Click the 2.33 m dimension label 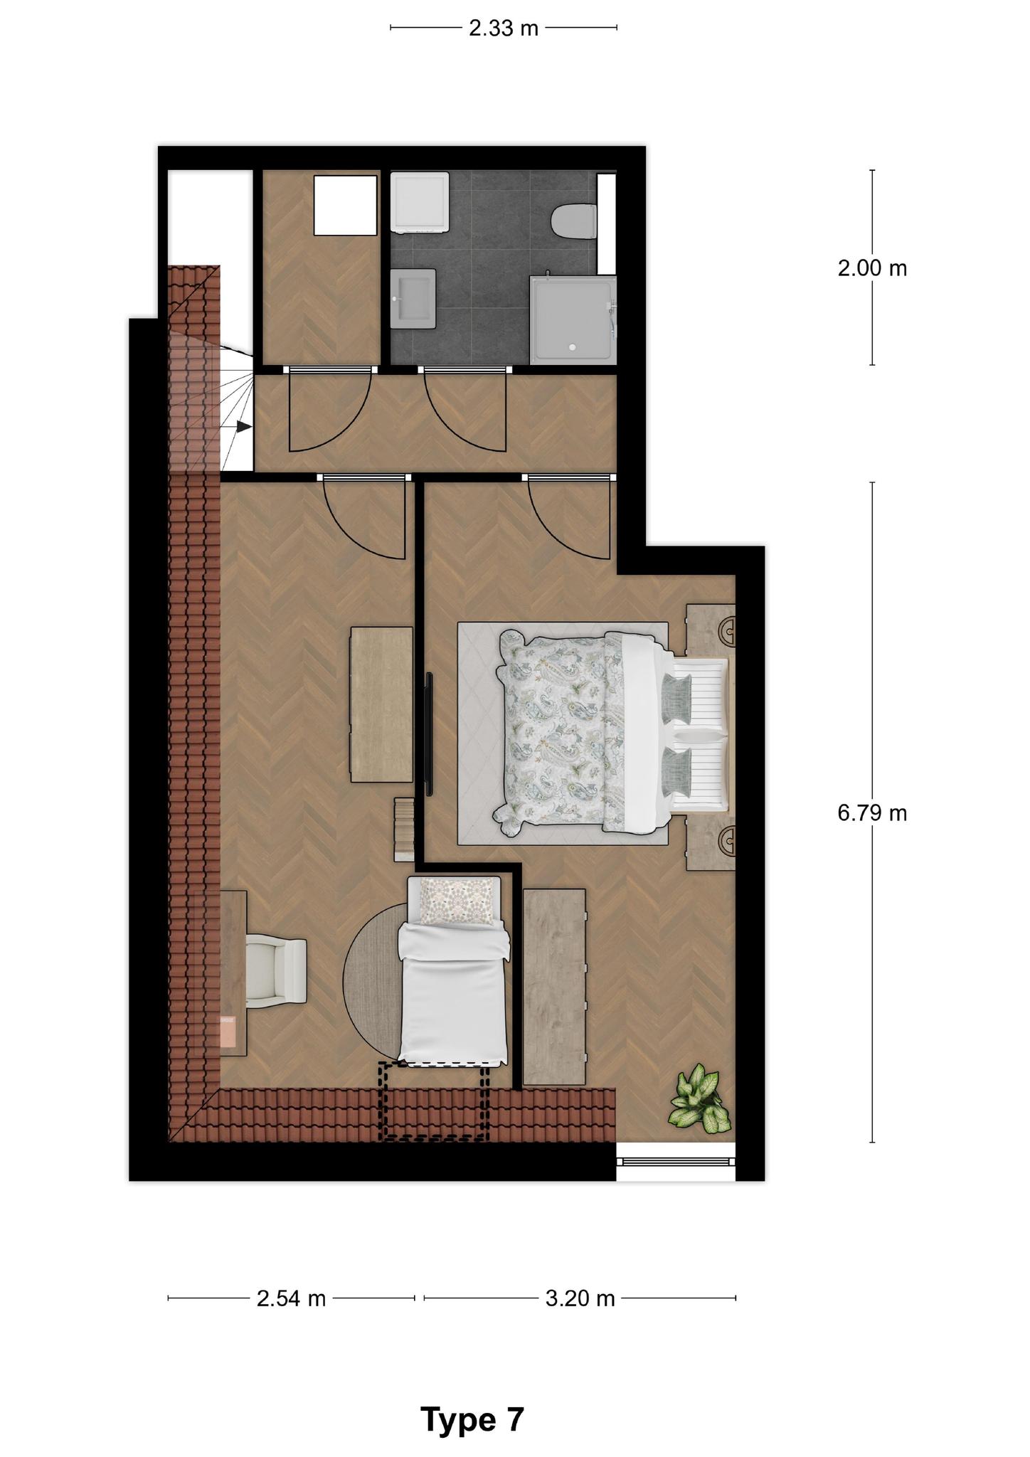click(503, 28)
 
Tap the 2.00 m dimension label click(872, 268)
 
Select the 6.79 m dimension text click(872, 812)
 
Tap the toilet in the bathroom click(573, 221)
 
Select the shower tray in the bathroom click(573, 319)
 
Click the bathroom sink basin click(413, 298)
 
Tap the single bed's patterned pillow click(457, 900)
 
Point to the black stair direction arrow click(244, 426)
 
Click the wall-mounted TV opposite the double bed click(429, 734)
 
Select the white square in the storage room click(346, 206)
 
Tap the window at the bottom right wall click(675, 1162)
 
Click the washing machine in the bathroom click(420, 202)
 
